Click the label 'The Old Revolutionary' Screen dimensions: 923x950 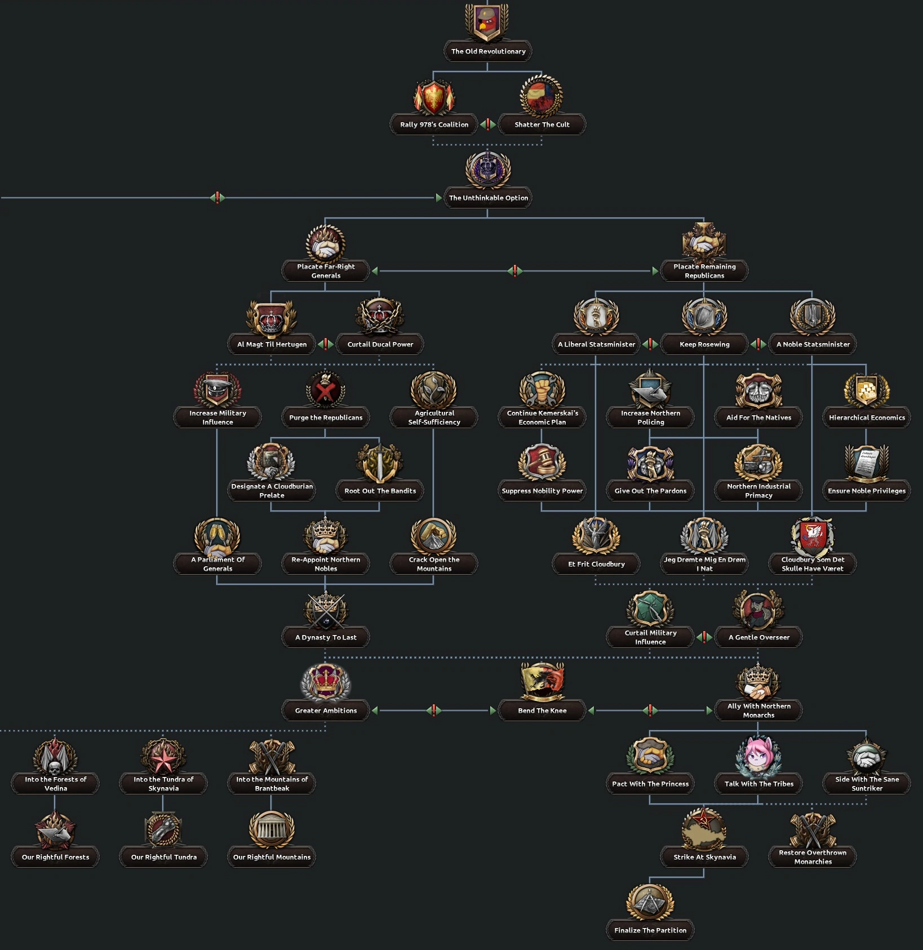[x=488, y=51]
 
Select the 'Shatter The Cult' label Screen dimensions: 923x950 [x=542, y=125]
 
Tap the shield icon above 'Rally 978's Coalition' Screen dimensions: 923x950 [x=434, y=97]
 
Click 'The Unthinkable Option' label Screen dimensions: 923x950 [x=488, y=198]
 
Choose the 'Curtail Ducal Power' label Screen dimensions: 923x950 [x=380, y=344]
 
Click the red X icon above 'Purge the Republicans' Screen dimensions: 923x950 [x=326, y=390]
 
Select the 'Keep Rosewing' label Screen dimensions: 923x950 [x=704, y=344]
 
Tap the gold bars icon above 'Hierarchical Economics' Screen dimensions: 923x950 [x=867, y=390]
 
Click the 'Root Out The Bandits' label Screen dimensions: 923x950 [x=380, y=491]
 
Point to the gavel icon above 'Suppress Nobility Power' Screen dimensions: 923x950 [x=542, y=462]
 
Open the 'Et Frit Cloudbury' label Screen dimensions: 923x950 [x=596, y=564]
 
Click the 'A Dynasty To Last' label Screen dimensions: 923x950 [x=326, y=637]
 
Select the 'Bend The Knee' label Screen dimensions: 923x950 [x=542, y=711]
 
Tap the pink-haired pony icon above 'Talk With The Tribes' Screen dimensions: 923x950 [x=758, y=756]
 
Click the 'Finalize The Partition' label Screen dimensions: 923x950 [x=650, y=930]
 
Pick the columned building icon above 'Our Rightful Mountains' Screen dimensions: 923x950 [x=272, y=829]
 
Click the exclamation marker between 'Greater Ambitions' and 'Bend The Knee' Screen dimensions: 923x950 [x=434, y=711]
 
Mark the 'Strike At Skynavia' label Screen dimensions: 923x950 [x=704, y=857]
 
